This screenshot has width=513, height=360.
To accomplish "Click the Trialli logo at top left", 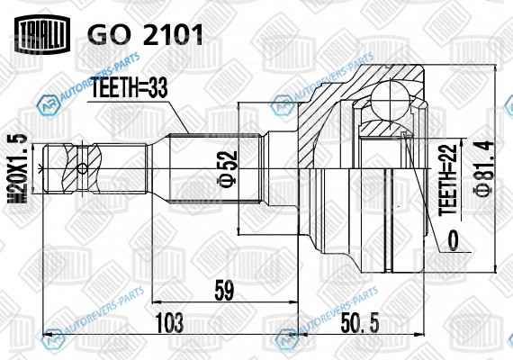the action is pyautogui.click(x=42, y=34).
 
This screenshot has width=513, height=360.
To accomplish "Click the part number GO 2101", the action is pyautogui.click(x=145, y=35).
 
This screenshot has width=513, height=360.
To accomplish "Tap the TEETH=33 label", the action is pyautogui.click(x=129, y=87).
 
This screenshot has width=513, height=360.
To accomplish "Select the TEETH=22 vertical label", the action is pyautogui.click(x=447, y=180).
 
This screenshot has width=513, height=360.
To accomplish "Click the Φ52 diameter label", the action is pyautogui.click(x=228, y=169).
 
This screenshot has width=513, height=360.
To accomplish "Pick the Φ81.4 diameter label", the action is pyautogui.click(x=483, y=168).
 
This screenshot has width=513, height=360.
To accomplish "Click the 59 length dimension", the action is pyautogui.click(x=224, y=291).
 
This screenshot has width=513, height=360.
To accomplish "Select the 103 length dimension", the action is pyautogui.click(x=169, y=322).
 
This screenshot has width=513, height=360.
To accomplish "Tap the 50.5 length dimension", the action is pyautogui.click(x=360, y=322).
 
